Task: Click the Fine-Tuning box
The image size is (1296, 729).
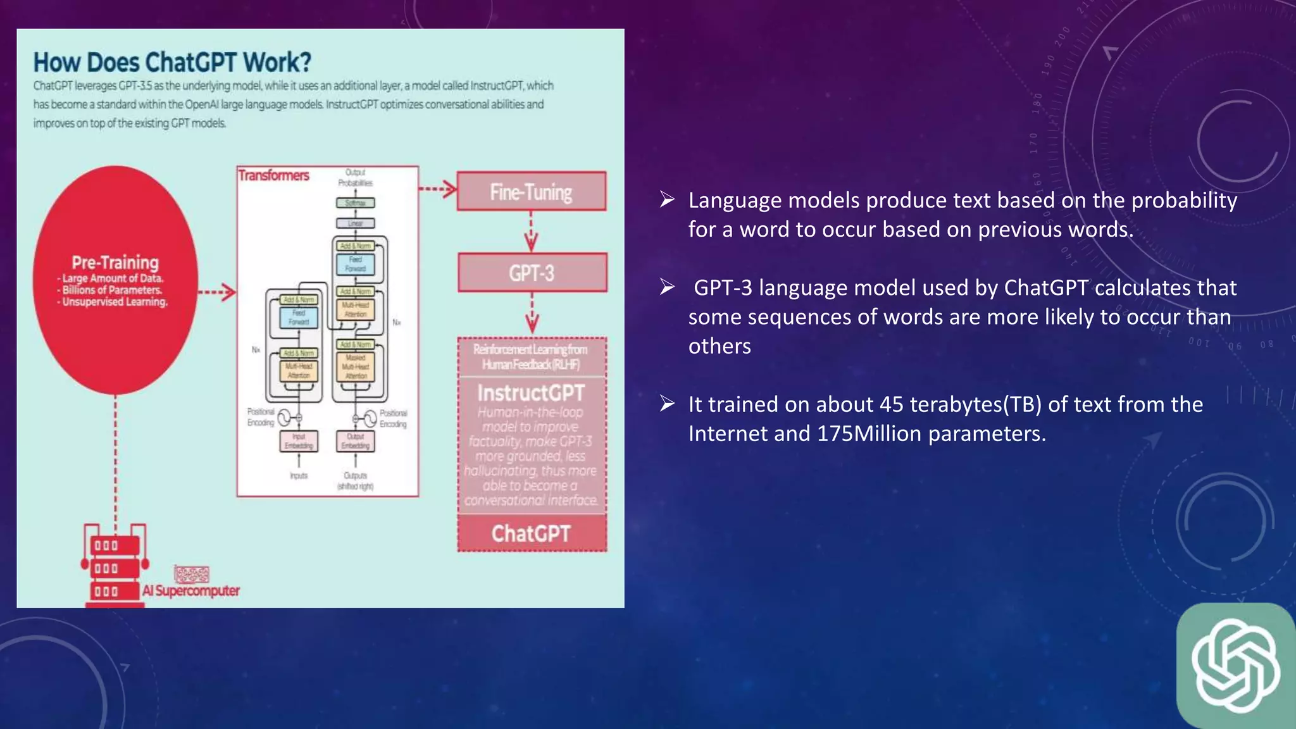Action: point(531,191)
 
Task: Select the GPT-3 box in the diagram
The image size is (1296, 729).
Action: point(532,273)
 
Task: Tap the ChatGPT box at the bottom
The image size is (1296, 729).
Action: point(532,533)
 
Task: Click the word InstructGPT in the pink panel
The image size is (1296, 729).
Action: point(531,393)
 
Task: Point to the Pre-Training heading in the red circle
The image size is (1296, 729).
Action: point(115,262)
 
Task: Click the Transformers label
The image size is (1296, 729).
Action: point(273,175)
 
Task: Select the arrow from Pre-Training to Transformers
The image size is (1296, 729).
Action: point(217,292)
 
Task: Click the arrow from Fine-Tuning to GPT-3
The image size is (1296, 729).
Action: point(531,232)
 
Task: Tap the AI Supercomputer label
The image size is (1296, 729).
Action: point(190,590)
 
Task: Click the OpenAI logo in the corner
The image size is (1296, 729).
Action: point(1235,666)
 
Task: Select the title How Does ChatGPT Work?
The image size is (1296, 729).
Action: point(172,63)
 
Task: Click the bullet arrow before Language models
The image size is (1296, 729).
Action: point(667,200)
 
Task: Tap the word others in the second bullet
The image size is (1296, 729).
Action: point(720,346)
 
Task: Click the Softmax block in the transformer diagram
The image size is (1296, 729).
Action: point(355,203)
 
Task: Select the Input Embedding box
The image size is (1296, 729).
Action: point(299,441)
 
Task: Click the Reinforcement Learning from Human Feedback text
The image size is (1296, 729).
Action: point(530,357)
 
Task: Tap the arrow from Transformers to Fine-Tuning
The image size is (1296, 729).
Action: point(438,189)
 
